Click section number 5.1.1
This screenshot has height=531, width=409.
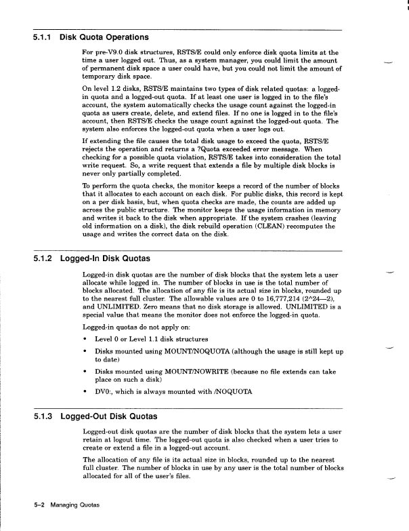pos(44,37)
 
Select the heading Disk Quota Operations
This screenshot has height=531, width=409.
pos(104,37)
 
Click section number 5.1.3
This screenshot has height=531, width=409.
pos(44,416)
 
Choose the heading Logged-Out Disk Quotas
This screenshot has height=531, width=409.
pos(108,416)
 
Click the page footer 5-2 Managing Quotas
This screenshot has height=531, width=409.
pos(66,505)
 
